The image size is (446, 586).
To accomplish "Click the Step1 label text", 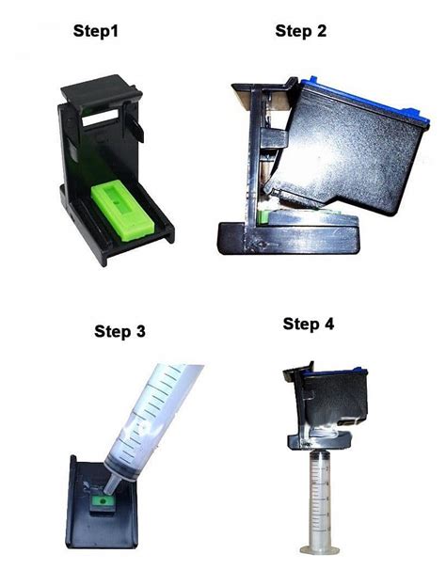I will click(98, 31).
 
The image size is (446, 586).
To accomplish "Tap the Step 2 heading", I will click(300, 31).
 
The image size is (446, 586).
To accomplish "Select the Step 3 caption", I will click(119, 330).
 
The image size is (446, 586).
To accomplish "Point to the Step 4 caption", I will click(309, 325).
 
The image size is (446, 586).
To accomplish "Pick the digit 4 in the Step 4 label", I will click(329, 325).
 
